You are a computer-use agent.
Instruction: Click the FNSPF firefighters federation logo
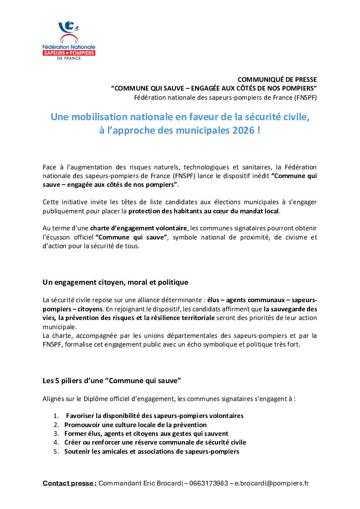coord(69,40)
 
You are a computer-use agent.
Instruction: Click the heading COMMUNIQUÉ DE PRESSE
coord(277,79)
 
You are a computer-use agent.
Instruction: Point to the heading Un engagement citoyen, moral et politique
coord(115,282)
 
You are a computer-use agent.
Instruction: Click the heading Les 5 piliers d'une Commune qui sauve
coord(111,381)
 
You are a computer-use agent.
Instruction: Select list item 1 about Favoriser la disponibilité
coord(155,416)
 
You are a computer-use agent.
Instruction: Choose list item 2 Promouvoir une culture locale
coord(135,425)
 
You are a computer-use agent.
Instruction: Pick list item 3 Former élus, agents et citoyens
coord(146,434)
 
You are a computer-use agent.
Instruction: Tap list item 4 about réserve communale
coord(155,442)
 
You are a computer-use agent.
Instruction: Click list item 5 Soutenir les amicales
coord(151,452)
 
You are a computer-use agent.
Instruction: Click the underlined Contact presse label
coord(70,483)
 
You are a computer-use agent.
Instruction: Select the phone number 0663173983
coord(210,483)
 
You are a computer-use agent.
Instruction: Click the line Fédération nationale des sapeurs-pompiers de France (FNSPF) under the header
coord(225,97)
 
